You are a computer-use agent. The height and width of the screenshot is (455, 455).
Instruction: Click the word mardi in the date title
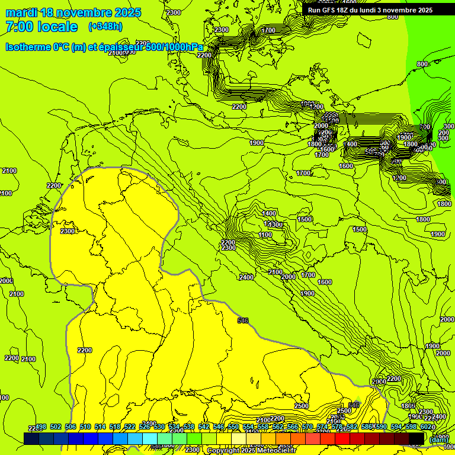click(21, 12)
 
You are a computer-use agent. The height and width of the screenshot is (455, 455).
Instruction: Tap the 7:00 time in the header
click(19, 27)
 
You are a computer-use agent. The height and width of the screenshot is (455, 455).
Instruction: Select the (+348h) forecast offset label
click(106, 27)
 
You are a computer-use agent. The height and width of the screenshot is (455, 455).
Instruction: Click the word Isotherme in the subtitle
click(28, 47)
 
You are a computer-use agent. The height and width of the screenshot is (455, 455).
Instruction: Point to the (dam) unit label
click(438, 440)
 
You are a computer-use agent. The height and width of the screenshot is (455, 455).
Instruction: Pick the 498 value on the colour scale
click(41, 427)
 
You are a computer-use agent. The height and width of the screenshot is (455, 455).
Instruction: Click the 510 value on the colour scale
click(85, 427)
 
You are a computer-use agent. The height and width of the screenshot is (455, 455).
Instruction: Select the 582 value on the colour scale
click(352, 427)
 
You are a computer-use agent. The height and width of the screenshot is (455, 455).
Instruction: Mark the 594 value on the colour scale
click(396, 427)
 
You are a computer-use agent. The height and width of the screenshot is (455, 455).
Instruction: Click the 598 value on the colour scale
click(411, 427)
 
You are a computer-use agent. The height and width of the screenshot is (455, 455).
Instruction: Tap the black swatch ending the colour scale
click(416, 438)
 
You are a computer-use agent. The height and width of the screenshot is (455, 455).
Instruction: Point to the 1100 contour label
click(265, 235)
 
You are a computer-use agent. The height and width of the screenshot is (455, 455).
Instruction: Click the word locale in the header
click(57, 27)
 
